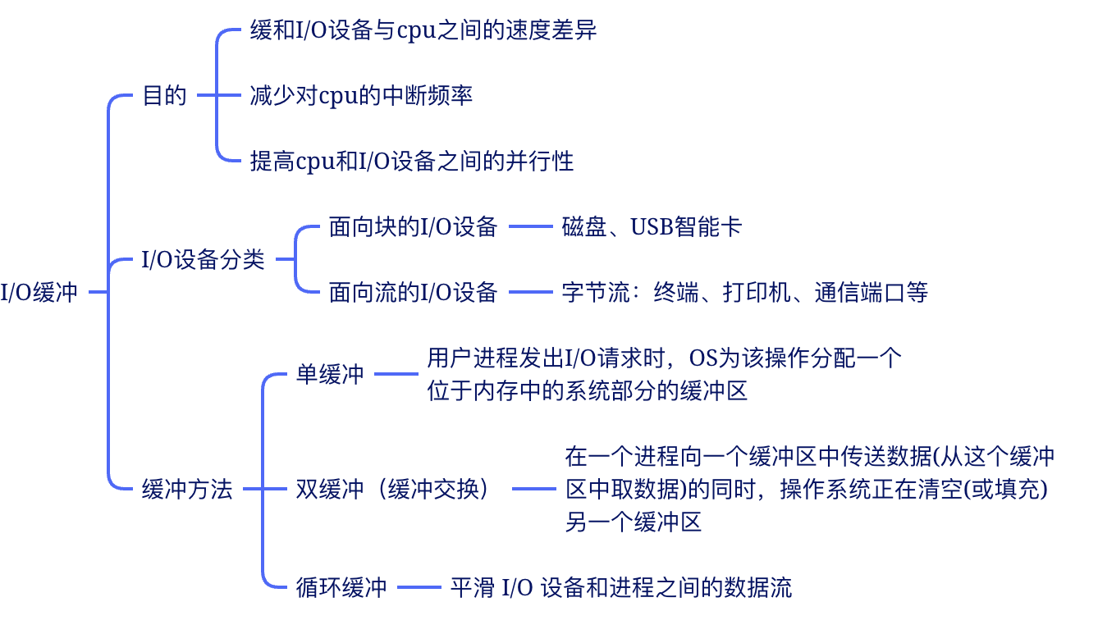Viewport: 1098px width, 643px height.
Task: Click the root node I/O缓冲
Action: (x=39, y=293)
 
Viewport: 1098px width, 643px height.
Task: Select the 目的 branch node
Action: (x=164, y=96)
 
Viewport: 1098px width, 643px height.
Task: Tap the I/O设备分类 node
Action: (x=203, y=260)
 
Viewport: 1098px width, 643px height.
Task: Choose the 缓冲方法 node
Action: (x=187, y=490)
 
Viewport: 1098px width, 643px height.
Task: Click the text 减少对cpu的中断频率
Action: (x=361, y=96)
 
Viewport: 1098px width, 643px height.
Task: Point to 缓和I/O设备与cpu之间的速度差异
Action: (x=423, y=31)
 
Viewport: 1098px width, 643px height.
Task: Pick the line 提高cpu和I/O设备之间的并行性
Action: (x=411, y=161)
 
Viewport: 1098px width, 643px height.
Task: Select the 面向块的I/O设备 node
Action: (x=413, y=227)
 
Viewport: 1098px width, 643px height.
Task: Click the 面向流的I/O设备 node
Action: (x=413, y=292)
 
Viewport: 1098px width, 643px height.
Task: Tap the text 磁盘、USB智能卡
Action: (x=652, y=227)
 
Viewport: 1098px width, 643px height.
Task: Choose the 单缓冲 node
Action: (x=329, y=375)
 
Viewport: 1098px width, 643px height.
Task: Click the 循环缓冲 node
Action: (x=341, y=587)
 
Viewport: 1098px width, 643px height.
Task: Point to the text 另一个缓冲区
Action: (x=634, y=522)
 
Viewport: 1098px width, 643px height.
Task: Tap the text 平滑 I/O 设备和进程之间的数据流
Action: (x=620, y=587)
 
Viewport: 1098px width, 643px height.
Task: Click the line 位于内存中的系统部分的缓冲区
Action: (x=587, y=391)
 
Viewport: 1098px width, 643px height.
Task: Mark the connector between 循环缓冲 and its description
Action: (x=419, y=587)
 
